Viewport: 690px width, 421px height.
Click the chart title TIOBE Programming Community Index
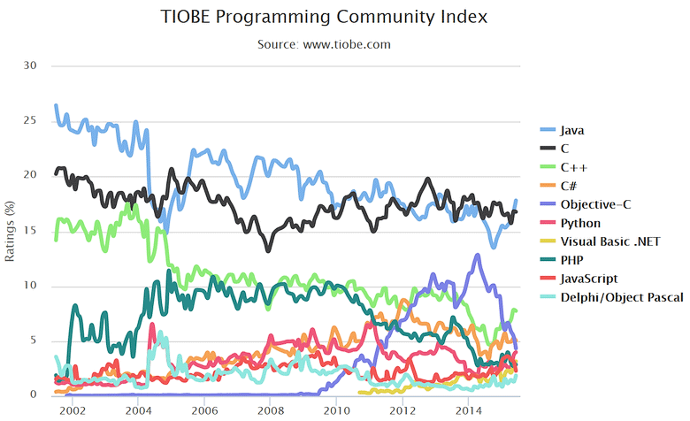[x=324, y=17]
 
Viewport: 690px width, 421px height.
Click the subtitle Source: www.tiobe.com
[x=324, y=43]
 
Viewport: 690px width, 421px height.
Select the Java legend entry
[x=572, y=130]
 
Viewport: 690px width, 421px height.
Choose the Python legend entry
[x=580, y=223]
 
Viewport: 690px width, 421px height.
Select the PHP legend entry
[x=571, y=260]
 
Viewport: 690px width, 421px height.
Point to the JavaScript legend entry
[x=588, y=279]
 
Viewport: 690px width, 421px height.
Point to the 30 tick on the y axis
[x=31, y=65]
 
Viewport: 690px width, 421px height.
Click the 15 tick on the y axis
[x=31, y=230]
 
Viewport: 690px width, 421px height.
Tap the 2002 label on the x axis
[x=72, y=411]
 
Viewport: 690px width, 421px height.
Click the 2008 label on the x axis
[x=270, y=411]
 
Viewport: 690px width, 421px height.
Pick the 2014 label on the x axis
[x=468, y=411]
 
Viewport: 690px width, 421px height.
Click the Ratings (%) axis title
[x=11, y=230]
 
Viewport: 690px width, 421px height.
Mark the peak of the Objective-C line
[x=478, y=255]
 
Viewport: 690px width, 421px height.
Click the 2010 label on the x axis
[x=336, y=411]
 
